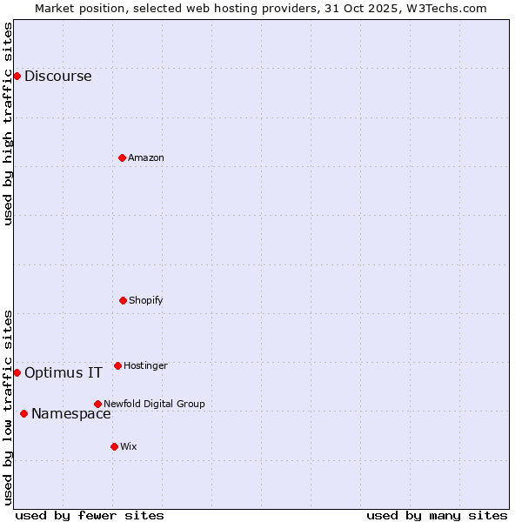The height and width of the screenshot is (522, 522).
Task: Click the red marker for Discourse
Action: [17, 76]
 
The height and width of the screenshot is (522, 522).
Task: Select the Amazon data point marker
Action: [122, 157]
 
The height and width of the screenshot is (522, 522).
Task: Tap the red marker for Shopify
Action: [123, 300]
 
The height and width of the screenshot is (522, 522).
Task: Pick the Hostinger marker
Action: [117, 365]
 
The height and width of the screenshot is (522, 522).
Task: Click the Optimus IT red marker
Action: [17, 372]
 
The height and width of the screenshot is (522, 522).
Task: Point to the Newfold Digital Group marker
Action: [97, 404]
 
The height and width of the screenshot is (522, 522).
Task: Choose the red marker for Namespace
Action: [23, 413]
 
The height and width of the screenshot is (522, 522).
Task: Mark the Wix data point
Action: [114, 446]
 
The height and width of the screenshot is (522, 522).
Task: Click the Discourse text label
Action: [57, 76]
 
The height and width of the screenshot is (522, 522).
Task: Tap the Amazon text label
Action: [145, 157]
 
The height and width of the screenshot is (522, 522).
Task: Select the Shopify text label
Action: [145, 300]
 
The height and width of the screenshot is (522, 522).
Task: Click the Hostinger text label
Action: [145, 365]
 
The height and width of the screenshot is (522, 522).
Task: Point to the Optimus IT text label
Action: [63, 372]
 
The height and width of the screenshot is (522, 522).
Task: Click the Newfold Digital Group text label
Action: [154, 404]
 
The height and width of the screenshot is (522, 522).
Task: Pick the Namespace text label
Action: [70, 413]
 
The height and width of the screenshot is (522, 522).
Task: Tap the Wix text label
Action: [128, 446]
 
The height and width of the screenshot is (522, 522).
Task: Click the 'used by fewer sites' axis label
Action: [90, 515]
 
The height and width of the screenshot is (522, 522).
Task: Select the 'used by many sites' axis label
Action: [437, 515]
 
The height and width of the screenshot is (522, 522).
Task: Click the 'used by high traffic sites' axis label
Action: [8, 124]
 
